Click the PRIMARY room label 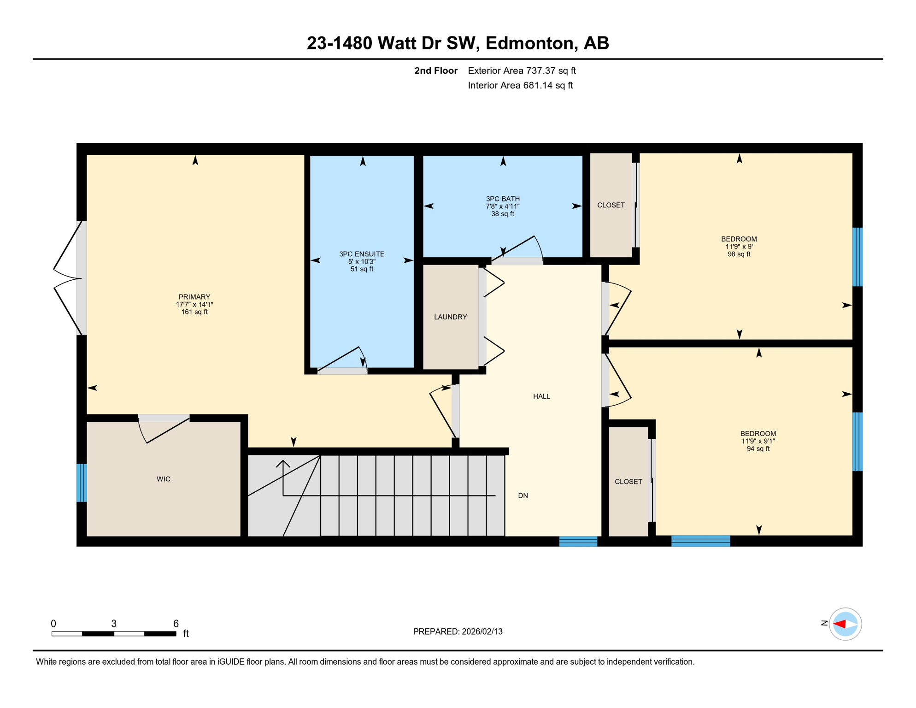(194, 297)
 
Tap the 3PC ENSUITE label (362, 254)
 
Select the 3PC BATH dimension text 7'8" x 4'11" (503, 206)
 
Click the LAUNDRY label (450, 317)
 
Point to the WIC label (164, 479)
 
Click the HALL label (541, 396)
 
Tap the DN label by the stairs (523, 496)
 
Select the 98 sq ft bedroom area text (739, 254)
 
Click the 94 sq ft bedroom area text (758, 449)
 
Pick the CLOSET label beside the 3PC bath (611, 205)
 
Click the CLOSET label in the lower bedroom (628, 482)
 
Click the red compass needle (840, 624)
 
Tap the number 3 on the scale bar (114, 624)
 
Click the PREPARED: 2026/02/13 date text (458, 631)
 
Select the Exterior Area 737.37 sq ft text (522, 71)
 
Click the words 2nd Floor (435, 71)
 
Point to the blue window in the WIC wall (82, 483)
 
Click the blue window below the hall (578, 542)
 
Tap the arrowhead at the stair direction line (283, 463)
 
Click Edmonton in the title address (529, 43)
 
